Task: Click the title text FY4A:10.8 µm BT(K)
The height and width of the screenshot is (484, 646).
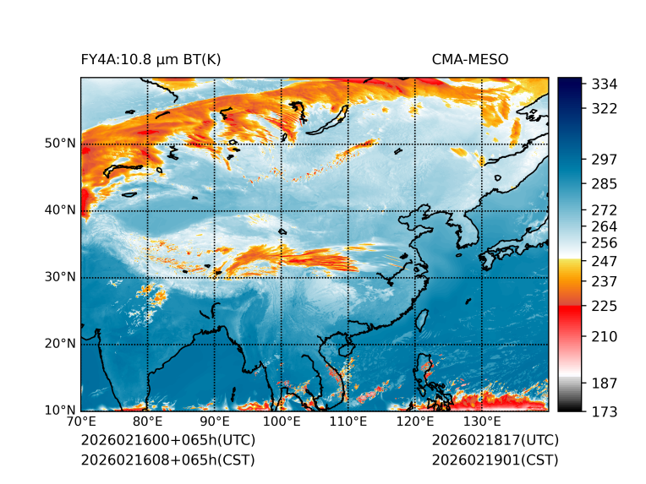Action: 151,59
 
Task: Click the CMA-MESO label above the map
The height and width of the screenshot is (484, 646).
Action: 469,59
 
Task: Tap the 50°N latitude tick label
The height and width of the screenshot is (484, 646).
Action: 60,144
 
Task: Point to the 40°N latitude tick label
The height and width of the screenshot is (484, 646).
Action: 60,210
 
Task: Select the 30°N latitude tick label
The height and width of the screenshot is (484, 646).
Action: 60,277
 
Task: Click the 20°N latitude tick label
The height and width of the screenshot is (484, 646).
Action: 60,344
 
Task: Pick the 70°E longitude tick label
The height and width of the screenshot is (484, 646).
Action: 81,421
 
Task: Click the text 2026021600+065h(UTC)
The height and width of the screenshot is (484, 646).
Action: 167,441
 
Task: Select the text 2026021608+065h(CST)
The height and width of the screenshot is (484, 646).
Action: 167,460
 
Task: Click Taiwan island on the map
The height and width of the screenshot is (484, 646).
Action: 423,319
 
